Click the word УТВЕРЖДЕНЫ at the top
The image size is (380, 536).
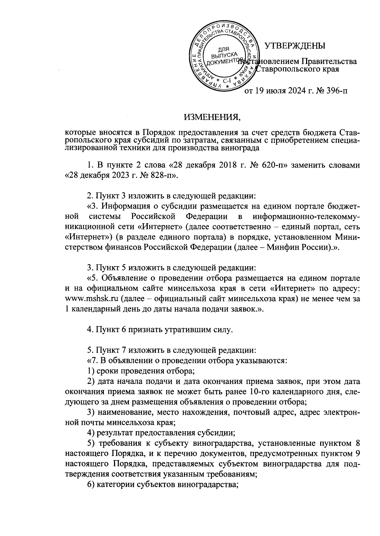pyautogui.click(x=295, y=46)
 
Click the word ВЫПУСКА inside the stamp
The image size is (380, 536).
pyautogui.click(x=224, y=54)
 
